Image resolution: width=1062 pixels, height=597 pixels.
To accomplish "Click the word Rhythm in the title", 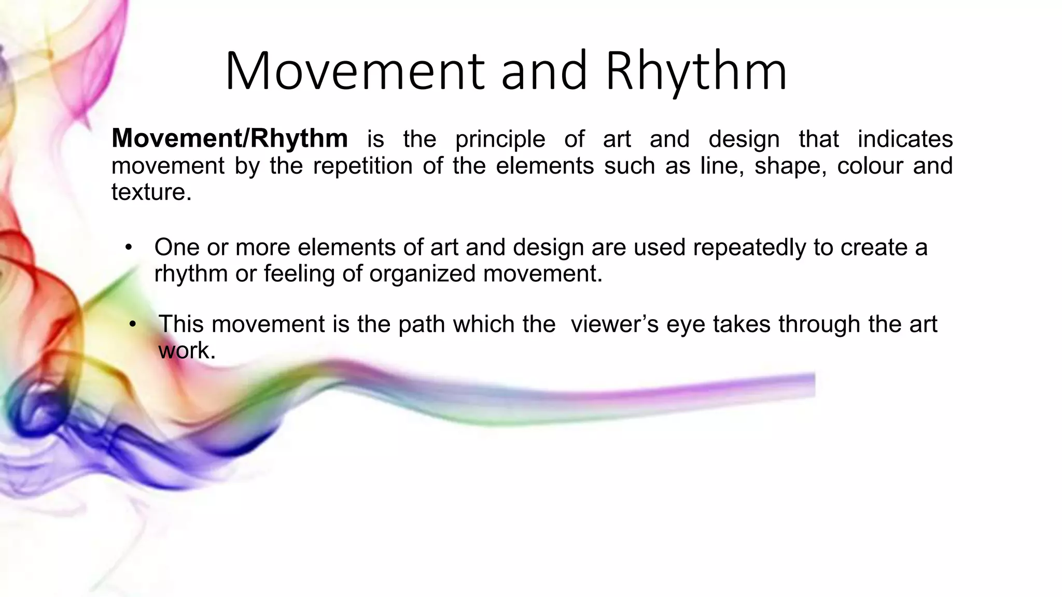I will click(696, 71).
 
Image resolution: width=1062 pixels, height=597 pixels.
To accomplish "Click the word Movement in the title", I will click(354, 71).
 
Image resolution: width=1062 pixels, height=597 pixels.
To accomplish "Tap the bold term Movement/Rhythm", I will click(230, 138).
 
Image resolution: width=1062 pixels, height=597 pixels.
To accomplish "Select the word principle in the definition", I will click(500, 139).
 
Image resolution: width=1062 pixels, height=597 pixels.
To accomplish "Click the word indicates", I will click(905, 139).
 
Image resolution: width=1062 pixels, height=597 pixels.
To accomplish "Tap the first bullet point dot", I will click(129, 247).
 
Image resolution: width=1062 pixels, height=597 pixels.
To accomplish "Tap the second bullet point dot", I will click(133, 324).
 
